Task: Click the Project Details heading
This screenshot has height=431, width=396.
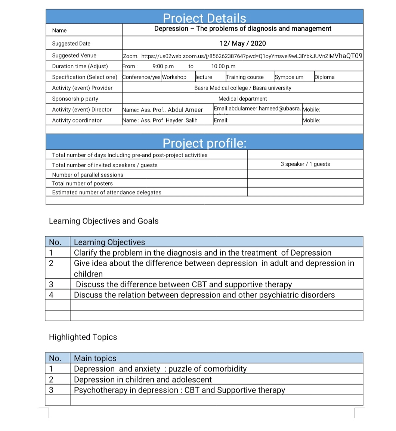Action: (x=205, y=18)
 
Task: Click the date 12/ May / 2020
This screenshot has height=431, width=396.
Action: (x=243, y=43)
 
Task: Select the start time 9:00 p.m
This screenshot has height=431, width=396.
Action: (x=163, y=66)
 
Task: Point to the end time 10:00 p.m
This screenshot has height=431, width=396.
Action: (x=223, y=66)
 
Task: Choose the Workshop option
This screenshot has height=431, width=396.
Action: (x=174, y=77)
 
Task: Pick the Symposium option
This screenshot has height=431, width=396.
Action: (x=289, y=77)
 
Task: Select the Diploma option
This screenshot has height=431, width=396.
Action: (x=325, y=77)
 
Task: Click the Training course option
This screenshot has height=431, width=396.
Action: (x=245, y=77)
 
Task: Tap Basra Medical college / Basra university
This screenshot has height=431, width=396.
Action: (x=243, y=88)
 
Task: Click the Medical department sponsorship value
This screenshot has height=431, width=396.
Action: (x=243, y=99)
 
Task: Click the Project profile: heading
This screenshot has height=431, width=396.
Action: (x=205, y=143)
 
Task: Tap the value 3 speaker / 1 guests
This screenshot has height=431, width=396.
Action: (x=305, y=164)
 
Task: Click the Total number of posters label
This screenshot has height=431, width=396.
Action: (x=82, y=183)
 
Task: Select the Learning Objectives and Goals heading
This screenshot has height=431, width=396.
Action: (x=104, y=221)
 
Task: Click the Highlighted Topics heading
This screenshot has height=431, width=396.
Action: (x=83, y=337)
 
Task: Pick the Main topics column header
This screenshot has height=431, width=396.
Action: (x=95, y=358)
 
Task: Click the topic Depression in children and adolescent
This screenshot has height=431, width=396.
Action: (x=143, y=380)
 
